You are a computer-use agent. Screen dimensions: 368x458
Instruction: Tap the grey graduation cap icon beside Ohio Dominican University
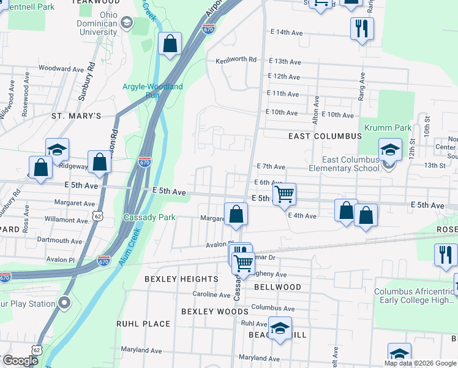pyautogui.click(x=127, y=23)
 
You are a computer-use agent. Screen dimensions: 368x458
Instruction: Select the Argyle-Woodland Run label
pyautogui.click(x=152, y=91)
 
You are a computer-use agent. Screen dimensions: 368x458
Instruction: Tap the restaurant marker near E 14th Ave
pyautogui.click(x=362, y=28)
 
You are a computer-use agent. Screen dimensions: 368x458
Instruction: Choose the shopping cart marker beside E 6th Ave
pyautogui.click(x=284, y=194)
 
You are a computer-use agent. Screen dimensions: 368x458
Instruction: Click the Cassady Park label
pyautogui.click(x=149, y=217)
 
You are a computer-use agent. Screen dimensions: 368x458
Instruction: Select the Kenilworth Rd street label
pyautogui.click(x=236, y=60)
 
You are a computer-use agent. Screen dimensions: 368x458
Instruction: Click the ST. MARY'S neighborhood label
pyautogui.click(x=76, y=116)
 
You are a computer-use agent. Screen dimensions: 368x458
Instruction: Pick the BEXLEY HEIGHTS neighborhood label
pyautogui.click(x=181, y=279)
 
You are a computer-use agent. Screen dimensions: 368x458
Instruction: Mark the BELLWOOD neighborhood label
pyautogui.click(x=275, y=287)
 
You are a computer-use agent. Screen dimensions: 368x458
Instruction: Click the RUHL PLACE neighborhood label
pyautogui.click(x=143, y=324)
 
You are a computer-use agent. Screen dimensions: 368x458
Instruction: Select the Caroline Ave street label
pyautogui.click(x=211, y=294)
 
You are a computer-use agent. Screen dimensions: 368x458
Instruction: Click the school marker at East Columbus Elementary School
pyautogui.click(x=389, y=151)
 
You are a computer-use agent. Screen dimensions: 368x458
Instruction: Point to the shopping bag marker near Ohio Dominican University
pyautogui.click(x=171, y=44)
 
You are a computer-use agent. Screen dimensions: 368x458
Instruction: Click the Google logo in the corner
pyautogui.click(x=20, y=361)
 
